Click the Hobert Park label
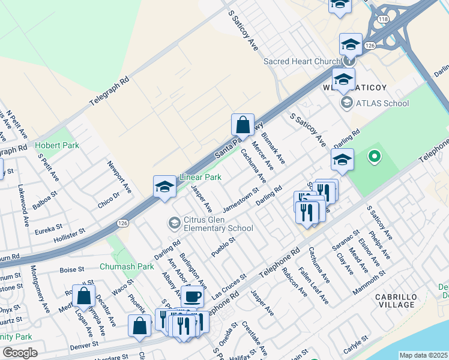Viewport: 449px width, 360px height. pos(53,146)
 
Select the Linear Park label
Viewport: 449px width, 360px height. pos(200,178)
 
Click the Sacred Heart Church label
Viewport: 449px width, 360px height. pos(301,61)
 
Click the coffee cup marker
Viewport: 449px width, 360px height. pos(192,296)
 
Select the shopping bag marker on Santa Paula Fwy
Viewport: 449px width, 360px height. pos(243,125)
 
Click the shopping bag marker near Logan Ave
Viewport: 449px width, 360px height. pos(83,296)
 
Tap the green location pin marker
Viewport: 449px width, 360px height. pos(375,158)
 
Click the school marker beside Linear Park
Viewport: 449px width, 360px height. pos(164,187)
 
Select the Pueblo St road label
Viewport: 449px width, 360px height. pos(222,246)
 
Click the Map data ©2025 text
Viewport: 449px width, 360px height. pos(423,355)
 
